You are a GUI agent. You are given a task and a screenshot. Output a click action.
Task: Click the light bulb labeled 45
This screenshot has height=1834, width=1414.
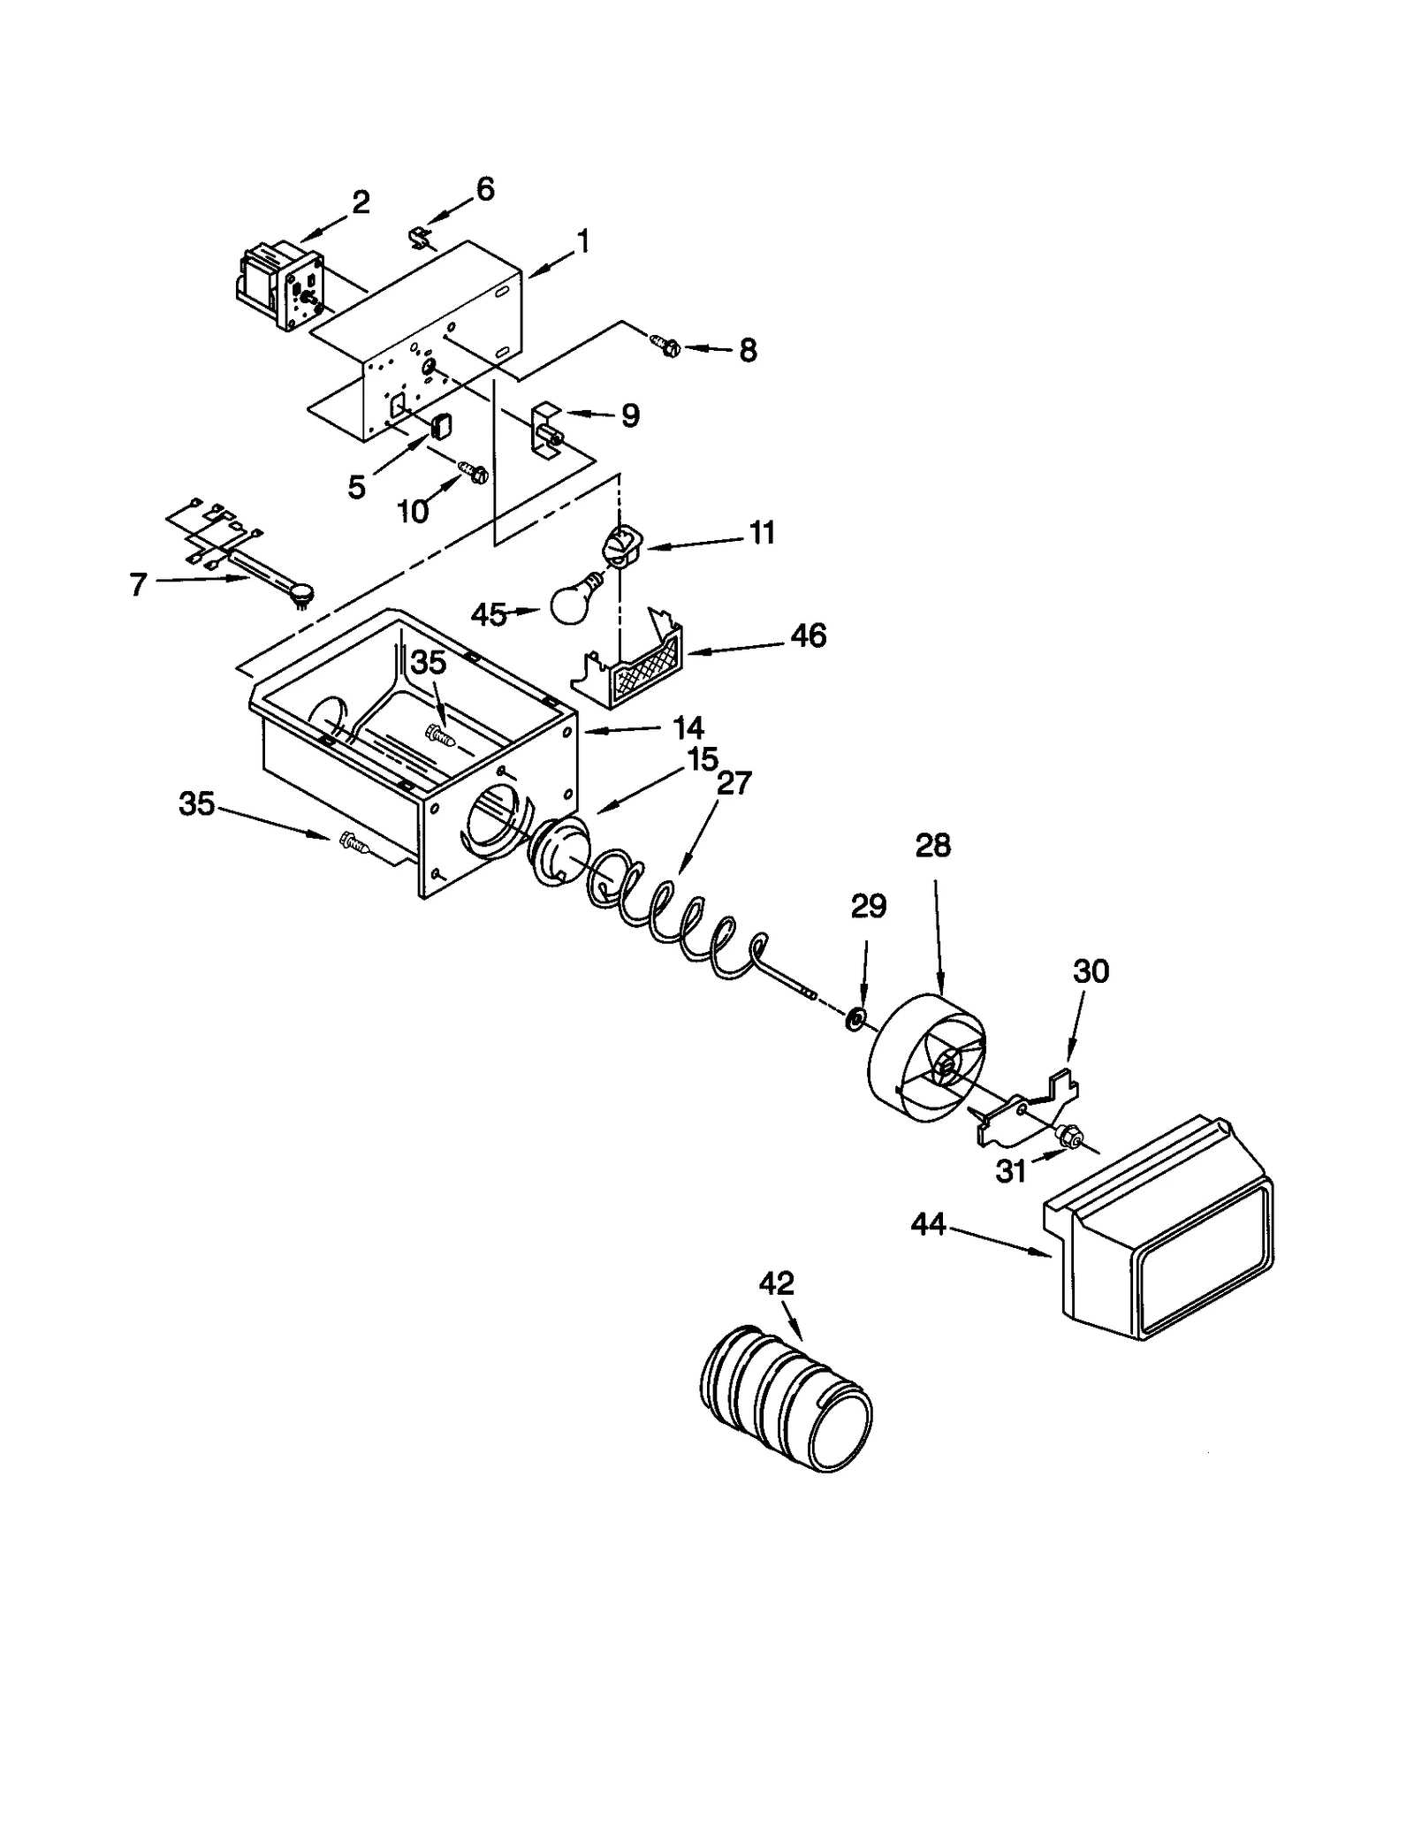pos(574,599)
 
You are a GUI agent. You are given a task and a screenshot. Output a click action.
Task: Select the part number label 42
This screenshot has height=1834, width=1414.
pos(776,1283)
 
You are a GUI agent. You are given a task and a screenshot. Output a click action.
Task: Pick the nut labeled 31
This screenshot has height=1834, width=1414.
pos(1069,1133)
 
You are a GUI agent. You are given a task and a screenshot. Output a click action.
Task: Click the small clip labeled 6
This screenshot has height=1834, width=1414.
pos(422,237)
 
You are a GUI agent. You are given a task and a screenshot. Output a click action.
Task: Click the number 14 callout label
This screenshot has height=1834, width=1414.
pos(688,727)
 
